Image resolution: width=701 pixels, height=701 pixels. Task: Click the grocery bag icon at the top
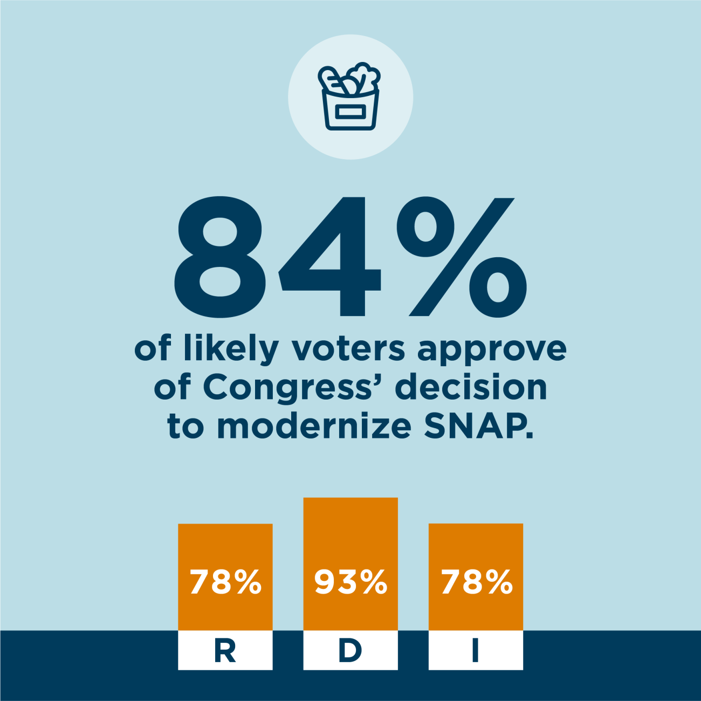tap(350, 97)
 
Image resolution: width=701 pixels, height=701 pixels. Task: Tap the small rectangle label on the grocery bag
tap(350, 112)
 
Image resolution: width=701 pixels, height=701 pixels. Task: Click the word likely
tap(231, 349)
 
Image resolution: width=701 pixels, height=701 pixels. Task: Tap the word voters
tap(348, 349)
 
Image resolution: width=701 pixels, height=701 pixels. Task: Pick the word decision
tap(471, 387)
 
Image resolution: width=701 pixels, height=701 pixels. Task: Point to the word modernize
tap(314, 427)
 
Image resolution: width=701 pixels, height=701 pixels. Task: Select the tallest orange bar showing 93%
tap(350, 539)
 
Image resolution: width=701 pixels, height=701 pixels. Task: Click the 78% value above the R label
tap(225, 582)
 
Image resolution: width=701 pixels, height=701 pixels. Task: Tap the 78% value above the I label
tap(476, 582)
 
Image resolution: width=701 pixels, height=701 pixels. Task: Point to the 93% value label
tap(350, 582)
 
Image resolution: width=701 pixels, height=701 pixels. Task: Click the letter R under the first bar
tap(225, 651)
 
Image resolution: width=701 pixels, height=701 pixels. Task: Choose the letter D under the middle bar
tap(350, 651)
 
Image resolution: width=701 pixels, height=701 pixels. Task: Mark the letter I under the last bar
tap(475, 651)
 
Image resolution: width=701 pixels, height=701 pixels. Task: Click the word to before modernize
tap(185, 427)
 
